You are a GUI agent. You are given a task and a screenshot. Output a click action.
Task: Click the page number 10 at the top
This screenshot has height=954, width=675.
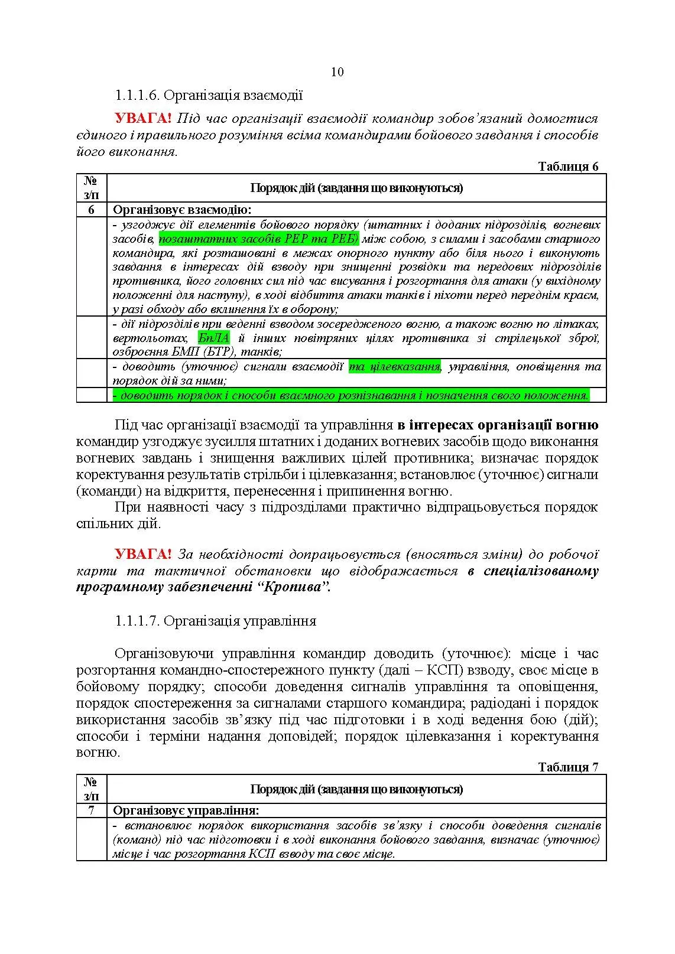pos(337,72)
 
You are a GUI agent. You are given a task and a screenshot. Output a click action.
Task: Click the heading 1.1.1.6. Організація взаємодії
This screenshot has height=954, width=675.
pos(209,95)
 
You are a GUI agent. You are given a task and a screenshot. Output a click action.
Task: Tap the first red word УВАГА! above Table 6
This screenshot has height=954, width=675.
pos(143,119)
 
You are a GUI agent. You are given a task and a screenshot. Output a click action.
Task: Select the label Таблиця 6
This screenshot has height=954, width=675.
pos(568,166)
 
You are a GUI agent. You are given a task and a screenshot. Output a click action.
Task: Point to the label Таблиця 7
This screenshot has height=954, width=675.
pos(568,767)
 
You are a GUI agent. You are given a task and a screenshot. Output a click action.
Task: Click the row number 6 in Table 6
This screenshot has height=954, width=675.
pos(91,210)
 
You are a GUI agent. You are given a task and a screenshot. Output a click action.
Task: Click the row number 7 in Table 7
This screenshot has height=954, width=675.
pos(91,810)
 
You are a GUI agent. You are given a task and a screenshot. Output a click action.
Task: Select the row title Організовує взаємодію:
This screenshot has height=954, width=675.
pos(182,210)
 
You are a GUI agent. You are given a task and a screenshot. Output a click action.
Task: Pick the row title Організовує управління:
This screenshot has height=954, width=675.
pos(186,810)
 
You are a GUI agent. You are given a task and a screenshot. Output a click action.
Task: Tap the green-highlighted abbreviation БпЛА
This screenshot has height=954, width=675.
pos(214,338)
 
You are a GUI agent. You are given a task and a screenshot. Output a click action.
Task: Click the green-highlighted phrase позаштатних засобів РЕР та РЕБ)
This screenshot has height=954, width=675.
pos(259,239)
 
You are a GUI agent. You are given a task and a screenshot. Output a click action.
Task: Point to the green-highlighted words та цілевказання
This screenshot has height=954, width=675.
pos(395,367)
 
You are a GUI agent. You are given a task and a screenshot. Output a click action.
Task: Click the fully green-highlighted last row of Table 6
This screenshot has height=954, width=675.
pos(351,395)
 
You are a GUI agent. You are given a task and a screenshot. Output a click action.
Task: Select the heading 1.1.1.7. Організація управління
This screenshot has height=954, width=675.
pos(216,621)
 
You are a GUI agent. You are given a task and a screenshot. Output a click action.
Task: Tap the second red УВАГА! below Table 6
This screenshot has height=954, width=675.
pos(143,555)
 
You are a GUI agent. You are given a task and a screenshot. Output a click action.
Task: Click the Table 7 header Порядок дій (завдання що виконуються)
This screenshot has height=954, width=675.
pos(356,789)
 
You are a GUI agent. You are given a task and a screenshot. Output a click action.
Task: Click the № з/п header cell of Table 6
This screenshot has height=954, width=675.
pos(91,188)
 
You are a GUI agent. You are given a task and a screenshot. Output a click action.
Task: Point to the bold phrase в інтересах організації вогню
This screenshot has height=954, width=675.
pos(498,425)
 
